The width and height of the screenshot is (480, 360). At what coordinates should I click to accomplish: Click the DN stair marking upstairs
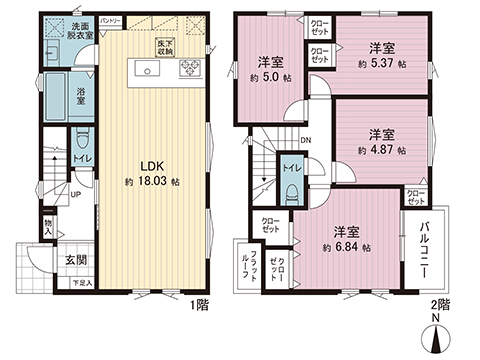tap(305, 142)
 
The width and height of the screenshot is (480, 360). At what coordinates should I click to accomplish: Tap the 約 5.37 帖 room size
tap(380, 63)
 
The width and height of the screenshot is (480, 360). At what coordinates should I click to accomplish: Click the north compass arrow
tap(441, 341)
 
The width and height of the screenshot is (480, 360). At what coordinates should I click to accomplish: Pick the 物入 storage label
tap(48, 228)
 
